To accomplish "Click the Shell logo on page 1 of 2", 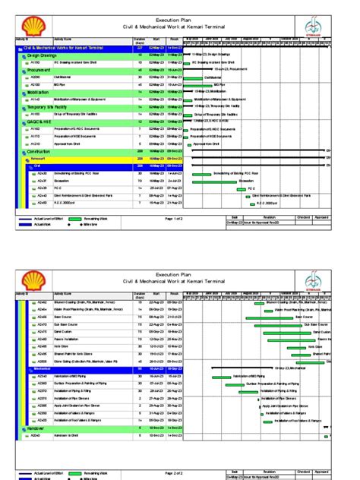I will (x=30, y=21).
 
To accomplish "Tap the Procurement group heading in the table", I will (x=41, y=69).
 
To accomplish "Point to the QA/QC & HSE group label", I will (x=43, y=122).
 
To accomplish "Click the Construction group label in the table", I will (x=43, y=151).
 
